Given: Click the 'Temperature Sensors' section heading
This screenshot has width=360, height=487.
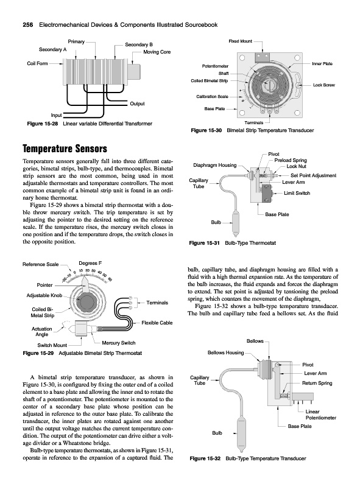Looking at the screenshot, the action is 65,149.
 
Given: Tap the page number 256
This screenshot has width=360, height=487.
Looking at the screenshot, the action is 28,25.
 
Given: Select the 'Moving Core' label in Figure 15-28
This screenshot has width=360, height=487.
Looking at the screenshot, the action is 157,52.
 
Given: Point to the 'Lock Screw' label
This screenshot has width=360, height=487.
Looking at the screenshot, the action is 324,85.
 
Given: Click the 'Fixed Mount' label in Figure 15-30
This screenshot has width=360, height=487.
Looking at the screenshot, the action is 241,41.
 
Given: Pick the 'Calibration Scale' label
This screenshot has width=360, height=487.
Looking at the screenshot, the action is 213,97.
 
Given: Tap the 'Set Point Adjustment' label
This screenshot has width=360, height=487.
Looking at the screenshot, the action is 313,175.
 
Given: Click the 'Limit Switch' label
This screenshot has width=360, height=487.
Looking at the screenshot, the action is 297,193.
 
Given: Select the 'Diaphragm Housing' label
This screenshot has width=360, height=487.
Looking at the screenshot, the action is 215,165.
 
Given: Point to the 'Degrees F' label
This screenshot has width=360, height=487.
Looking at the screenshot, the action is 90,263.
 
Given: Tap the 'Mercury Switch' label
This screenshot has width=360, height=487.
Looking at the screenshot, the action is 119,343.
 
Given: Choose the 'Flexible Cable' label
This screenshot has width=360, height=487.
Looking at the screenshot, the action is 157,323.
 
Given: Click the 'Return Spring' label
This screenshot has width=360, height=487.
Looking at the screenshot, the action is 317,383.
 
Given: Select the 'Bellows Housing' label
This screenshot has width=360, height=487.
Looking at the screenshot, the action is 226,352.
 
